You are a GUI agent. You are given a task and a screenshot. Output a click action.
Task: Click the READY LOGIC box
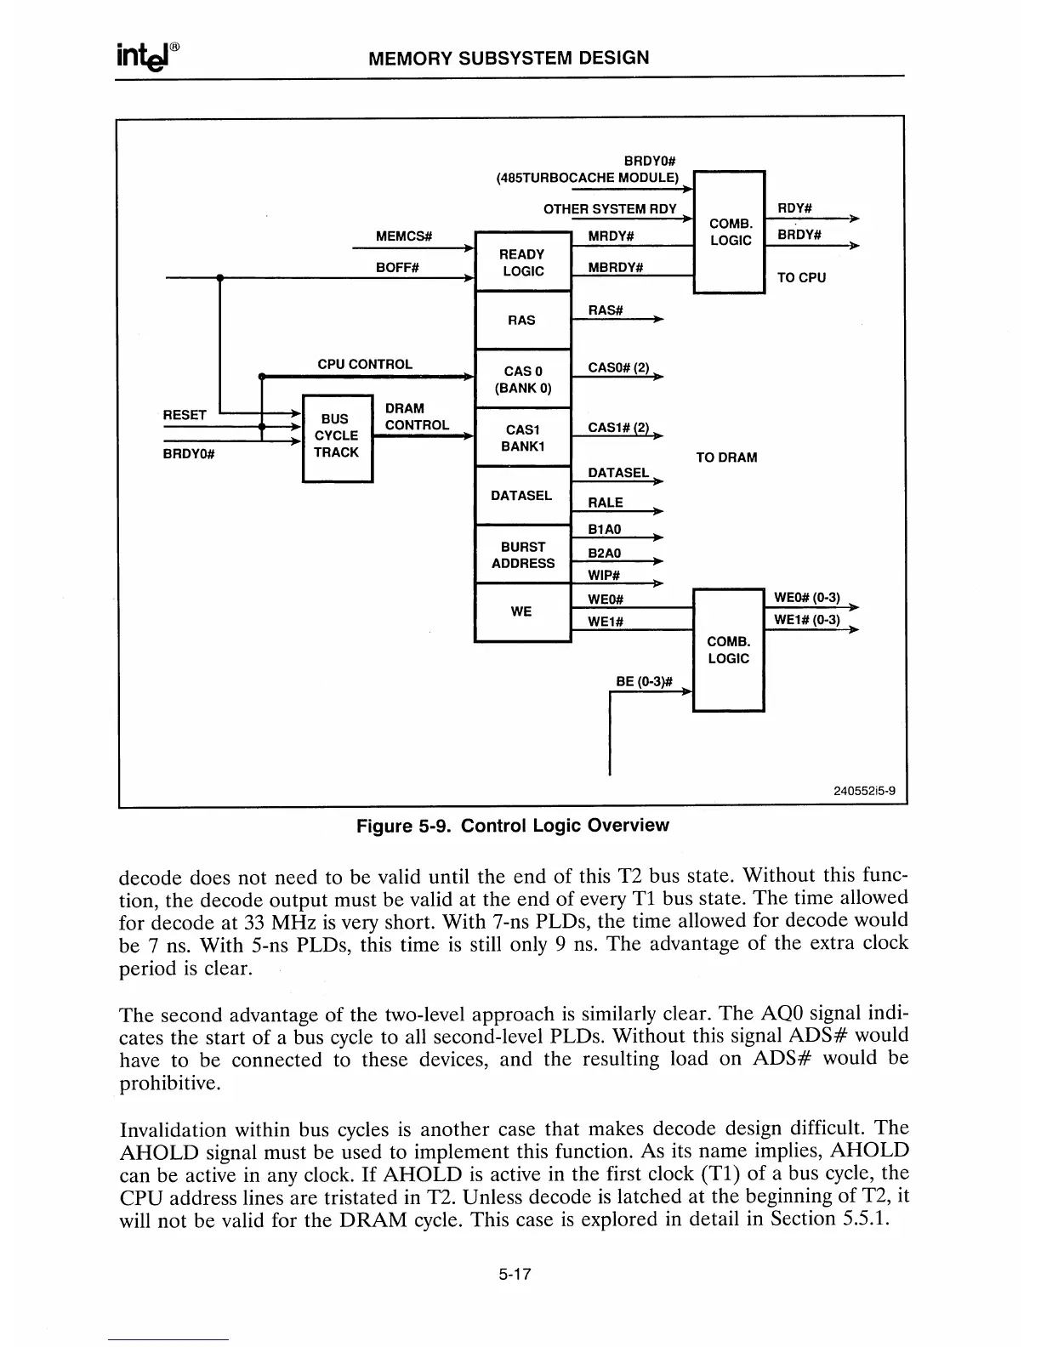tap(522, 262)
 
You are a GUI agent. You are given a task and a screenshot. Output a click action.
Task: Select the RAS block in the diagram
tap(522, 320)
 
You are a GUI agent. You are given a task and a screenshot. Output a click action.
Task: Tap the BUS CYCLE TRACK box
tap(337, 436)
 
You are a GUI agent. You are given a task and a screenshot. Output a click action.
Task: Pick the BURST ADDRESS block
tap(522, 554)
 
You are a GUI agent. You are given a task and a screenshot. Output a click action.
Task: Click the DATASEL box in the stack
tap(521, 496)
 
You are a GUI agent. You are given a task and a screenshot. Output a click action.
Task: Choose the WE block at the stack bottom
tap(521, 611)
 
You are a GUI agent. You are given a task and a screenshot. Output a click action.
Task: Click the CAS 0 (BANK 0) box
tap(522, 379)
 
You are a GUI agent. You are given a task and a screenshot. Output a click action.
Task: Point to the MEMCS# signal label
tap(404, 236)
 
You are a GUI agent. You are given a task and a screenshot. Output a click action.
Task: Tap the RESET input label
tap(185, 415)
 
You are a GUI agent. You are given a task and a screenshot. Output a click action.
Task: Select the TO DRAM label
tap(725, 458)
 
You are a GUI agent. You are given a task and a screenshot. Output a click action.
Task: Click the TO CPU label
tap(801, 277)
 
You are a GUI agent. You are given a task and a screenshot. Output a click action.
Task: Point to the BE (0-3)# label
tap(644, 681)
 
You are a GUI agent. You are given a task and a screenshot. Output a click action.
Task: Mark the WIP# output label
tap(604, 576)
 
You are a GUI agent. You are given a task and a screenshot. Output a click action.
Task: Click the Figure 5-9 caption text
tap(512, 825)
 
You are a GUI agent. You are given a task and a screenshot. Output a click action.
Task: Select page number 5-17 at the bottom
tap(515, 1274)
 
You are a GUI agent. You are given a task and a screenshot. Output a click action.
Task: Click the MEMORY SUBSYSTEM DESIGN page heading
tap(509, 58)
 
